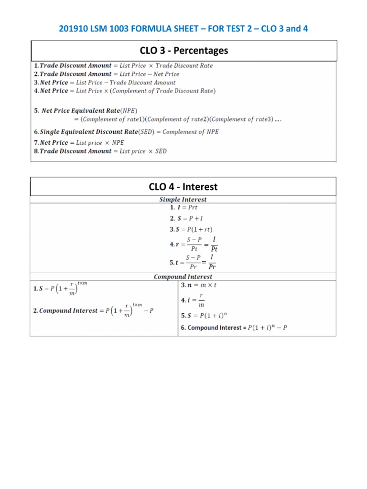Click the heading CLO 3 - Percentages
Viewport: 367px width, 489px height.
tap(183, 51)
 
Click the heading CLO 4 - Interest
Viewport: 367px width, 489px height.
tap(183, 187)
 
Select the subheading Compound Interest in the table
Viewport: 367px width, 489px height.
tap(183, 276)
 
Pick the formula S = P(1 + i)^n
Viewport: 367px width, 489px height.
tap(205, 316)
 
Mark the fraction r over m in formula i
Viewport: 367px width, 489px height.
tap(201, 300)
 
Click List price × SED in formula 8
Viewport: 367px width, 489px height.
tap(143, 151)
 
